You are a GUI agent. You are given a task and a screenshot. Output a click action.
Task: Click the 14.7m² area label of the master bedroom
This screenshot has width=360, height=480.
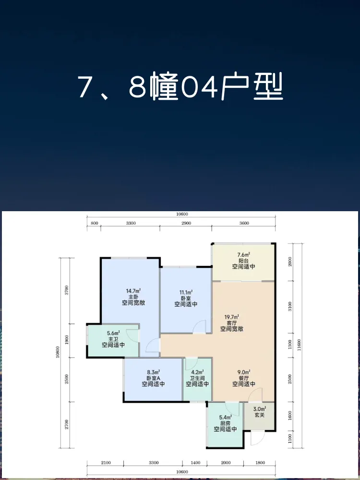(133, 290)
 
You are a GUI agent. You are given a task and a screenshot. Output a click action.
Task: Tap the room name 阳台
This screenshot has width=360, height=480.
(243, 261)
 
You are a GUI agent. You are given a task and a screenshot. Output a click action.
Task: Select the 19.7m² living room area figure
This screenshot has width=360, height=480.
(232, 316)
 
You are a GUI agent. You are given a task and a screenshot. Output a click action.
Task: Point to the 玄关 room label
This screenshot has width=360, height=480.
(259, 415)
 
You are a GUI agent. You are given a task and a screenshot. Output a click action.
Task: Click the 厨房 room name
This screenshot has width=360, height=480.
(225, 423)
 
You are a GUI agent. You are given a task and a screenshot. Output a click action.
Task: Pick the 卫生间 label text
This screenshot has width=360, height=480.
(197, 378)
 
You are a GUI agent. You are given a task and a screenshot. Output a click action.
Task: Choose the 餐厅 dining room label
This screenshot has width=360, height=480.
(244, 378)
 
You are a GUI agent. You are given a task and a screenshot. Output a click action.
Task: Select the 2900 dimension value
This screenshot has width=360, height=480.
(186, 223)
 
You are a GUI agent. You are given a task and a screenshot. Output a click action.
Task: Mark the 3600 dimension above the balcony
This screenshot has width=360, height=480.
(244, 223)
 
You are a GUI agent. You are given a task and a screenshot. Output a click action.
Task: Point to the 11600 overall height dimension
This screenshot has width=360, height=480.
(299, 345)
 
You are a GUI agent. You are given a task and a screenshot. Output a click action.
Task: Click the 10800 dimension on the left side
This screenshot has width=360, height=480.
(58, 352)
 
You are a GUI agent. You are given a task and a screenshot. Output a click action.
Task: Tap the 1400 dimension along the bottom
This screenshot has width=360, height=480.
(195, 463)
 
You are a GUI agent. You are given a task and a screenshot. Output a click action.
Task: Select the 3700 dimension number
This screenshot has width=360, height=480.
(67, 290)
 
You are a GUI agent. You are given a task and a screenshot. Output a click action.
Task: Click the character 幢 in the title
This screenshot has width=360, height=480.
(164, 86)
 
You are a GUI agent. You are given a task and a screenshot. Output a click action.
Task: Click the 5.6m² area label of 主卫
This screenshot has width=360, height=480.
(113, 333)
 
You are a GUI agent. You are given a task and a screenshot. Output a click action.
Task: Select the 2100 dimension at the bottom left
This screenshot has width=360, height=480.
(106, 463)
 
